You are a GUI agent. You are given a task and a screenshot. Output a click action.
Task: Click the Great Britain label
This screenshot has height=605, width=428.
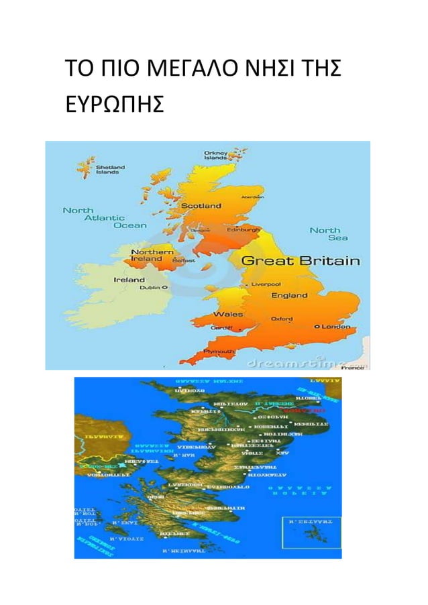click(300, 261)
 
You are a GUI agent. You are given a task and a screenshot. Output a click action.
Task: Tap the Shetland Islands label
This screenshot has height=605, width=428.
click(107, 169)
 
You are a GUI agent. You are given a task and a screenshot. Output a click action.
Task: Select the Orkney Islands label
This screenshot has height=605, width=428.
click(215, 155)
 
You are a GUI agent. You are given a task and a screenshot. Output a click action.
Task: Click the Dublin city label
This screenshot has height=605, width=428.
click(149, 287)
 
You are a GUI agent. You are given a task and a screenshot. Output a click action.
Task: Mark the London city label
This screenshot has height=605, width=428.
click(335, 327)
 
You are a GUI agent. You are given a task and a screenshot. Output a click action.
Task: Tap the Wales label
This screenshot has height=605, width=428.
click(227, 314)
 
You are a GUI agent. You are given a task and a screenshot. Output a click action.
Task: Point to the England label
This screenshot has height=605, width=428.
click(288, 295)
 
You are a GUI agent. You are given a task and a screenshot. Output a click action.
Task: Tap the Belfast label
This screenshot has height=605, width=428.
click(184, 260)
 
